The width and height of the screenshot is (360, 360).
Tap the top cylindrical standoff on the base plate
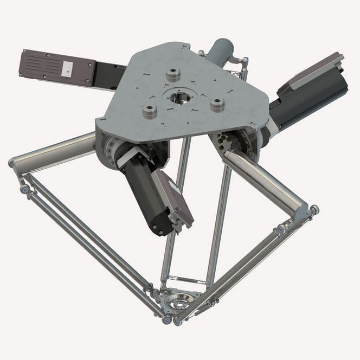pos(173,73)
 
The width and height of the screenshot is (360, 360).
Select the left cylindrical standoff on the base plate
pos(149,111)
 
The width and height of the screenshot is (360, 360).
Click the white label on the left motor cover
pos(67,68)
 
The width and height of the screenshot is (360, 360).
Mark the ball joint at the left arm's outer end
pos(12,163)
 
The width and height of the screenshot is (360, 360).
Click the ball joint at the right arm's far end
pos(314,209)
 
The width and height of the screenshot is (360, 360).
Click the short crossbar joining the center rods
pos(184,280)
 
